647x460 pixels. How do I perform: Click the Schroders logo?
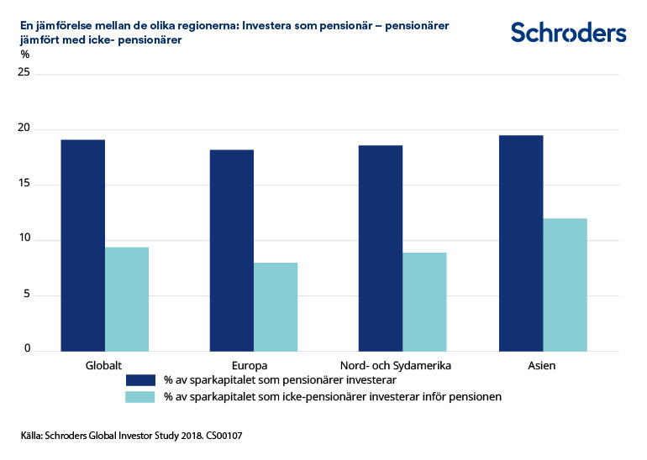pyautogui.click(x=568, y=33)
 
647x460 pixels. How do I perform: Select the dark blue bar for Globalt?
pyautogui.click(x=82, y=245)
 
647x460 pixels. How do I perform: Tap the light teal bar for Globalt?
pyautogui.click(x=126, y=299)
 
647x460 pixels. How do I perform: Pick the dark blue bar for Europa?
pyautogui.click(x=231, y=250)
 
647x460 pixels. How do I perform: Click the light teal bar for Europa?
pyautogui.click(x=276, y=306)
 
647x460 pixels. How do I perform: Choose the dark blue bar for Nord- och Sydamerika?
pyautogui.click(x=380, y=248)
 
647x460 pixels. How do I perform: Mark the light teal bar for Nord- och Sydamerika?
pyautogui.click(x=424, y=301)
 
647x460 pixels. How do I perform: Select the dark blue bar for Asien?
pyautogui.click(x=521, y=243)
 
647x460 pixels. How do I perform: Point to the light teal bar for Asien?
pyautogui.click(x=565, y=285)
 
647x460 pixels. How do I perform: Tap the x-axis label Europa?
pyautogui.click(x=250, y=366)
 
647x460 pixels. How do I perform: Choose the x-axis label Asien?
pyautogui.click(x=542, y=366)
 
